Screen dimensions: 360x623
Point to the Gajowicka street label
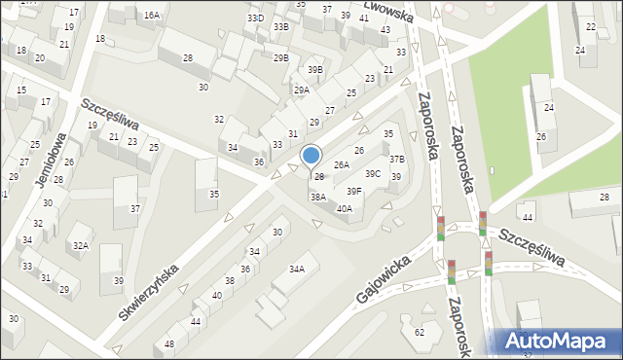(x=382, y=279)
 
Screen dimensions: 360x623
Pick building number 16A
(x=151, y=16)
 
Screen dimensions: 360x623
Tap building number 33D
(x=255, y=18)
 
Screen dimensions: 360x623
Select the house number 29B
(x=280, y=58)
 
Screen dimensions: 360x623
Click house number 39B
(x=314, y=70)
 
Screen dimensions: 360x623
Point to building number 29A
(x=302, y=90)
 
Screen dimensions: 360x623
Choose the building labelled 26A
(x=341, y=165)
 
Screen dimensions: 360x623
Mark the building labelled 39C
(x=373, y=174)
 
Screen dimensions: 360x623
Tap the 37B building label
(x=396, y=159)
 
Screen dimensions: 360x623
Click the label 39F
(x=354, y=192)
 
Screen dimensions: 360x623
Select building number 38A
(x=317, y=197)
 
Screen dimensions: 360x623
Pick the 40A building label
(x=344, y=208)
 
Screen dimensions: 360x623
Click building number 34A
(x=297, y=269)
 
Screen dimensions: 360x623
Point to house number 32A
(x=80, y=246)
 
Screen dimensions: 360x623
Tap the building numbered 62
(x=419, y=333)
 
